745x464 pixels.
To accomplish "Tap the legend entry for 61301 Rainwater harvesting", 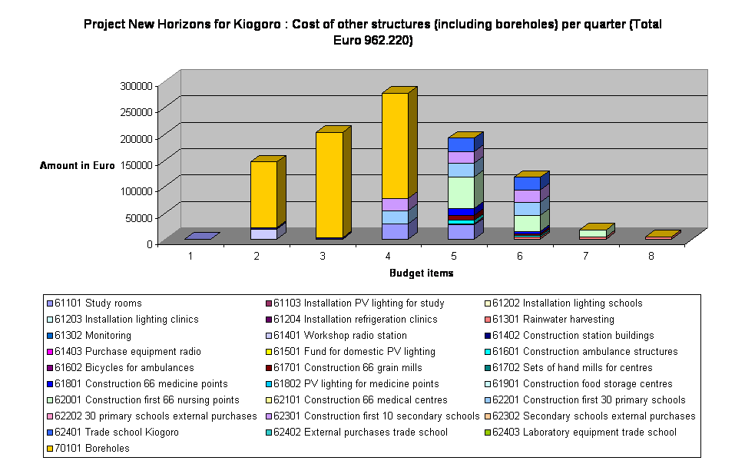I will pos(552,320).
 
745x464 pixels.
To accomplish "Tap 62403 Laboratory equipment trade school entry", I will pos(584,433).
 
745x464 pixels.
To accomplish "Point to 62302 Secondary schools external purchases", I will pos(594,416).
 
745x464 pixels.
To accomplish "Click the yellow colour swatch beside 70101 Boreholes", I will pos(49,449).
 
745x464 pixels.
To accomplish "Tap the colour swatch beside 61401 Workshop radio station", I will pos(268,336).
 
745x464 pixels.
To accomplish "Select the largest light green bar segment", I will pos(461,192).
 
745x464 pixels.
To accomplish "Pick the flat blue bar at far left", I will pos(201,237).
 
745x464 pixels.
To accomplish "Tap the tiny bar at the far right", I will pos(661,235).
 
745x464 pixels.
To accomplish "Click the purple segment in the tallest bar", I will pos(395,204).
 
